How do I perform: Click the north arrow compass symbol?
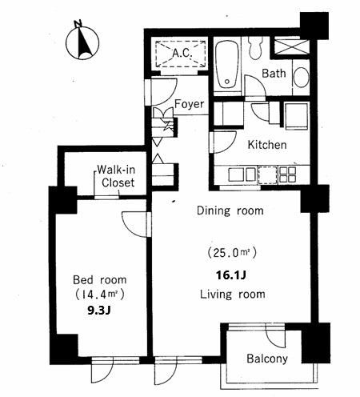coord(82,42)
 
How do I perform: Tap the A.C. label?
coord(182,53)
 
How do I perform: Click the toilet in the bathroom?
coord(255,47)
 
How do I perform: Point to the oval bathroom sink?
coord(302,77)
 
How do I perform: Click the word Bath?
coord(274,73)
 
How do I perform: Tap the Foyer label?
coord(190,104)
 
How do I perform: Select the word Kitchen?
coord(267,145)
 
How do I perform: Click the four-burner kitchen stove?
coord(287,175)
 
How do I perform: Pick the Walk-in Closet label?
coord(116,176)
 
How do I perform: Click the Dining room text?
coord(230,211)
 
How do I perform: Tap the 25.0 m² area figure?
coord(232,252)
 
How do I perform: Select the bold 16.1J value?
coord(230,275)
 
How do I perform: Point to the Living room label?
coord(233,295)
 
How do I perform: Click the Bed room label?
coord(100,280)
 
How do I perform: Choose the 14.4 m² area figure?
coord(99,295)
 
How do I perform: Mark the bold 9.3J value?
coord(99,311)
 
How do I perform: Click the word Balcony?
coord(267,359)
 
